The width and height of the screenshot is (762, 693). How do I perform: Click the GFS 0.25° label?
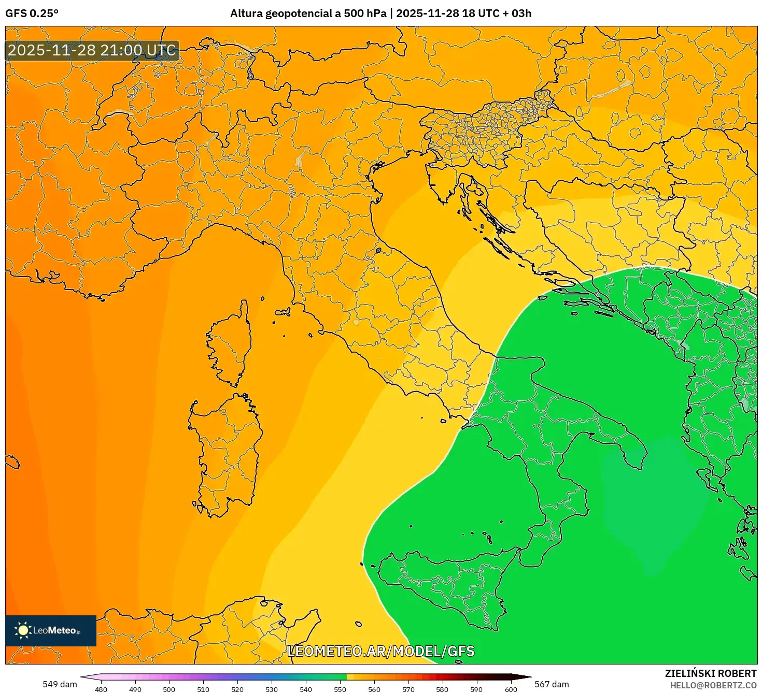pyautogui.click(x=32, y=13)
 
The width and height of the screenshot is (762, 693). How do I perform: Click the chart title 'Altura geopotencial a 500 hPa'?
pyautogui.click(x=308, y=13)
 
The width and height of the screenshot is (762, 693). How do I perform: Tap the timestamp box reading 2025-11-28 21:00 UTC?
pyautogui.click(x=92, y=51)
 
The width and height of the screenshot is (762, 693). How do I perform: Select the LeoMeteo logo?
pyautogui.click(x=51, y=630)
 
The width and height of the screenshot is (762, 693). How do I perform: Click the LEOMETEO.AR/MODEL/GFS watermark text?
pyautogui.click(x=380, y=651)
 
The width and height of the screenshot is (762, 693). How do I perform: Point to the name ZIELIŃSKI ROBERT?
pyautogui.click(x=710, y=673)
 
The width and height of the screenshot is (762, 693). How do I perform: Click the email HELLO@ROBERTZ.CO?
pyautogui.click(x=713, y=685)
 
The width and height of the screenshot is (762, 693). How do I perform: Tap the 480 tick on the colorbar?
pyautogui.click(x=101, y=689)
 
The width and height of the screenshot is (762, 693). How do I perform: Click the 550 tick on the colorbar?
pyautogui.click(x=340, y=689)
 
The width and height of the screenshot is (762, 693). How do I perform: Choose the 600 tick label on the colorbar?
pyautogui.click(x=511, y=689)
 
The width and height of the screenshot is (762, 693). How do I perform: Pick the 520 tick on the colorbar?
pyautogui.click(x=237, y=689)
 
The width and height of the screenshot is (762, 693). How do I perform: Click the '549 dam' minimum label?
pyautogui.click(x=60, y=684)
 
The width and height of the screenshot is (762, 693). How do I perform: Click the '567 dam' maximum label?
pyautogui.click(x=552, y=684)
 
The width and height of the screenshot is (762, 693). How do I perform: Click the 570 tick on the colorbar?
pyautogui.click(x=408, y=689)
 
